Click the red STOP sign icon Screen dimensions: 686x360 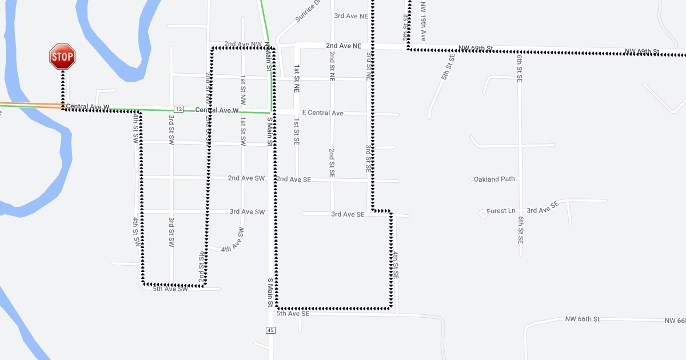pos(62,57)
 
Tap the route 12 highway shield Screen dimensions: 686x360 pos(179,109)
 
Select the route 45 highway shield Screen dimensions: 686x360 pos(270,330)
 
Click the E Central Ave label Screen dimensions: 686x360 pos(322,113)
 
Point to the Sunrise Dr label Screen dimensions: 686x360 pos(309,12)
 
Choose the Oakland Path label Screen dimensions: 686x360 pos(494,179)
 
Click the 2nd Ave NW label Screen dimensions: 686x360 pos(243,44)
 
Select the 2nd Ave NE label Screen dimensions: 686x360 pos(344,45)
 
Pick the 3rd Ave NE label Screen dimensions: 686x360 pos(351,16)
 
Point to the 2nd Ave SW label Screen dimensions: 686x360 pos(246,178)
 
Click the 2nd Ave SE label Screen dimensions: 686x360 pos(294,179)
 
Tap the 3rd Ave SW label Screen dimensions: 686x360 pos(248,211)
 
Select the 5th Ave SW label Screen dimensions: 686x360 pos(170,289)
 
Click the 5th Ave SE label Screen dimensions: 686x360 pos(293,314)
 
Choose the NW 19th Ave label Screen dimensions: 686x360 pos(423,21)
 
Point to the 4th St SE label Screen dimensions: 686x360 pos(395,265)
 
